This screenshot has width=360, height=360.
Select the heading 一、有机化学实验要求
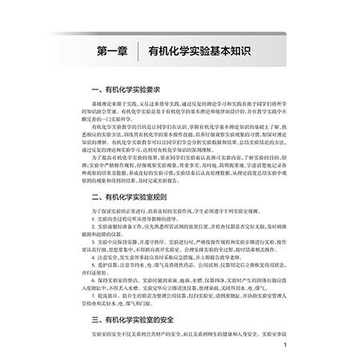pyautogui.click(x=137, y=90)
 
